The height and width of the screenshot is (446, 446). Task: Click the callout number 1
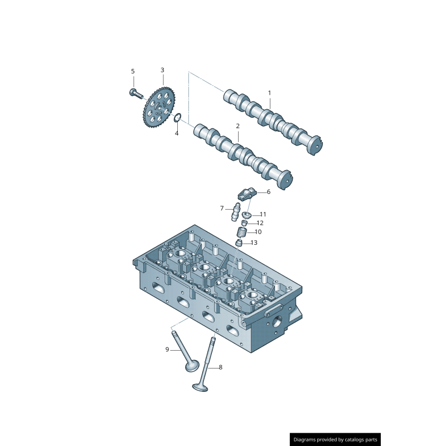click(269, 93)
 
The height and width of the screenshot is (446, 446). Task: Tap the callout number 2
click(237, 127)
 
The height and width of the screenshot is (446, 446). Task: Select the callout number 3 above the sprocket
click(162, 70)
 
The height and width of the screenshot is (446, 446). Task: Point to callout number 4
click(177, 133)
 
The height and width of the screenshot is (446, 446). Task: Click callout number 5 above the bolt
click(133, 71)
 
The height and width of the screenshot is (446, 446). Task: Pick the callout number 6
click(268, 192)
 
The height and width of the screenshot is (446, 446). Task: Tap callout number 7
click(221, 209)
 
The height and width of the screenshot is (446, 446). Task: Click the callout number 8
click(220, 367)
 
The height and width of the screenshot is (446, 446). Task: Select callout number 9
click(167, 350)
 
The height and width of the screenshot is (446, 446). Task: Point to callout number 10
click(258, 232)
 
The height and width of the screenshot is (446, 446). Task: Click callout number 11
click(263, 214)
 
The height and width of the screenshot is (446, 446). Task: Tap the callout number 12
click(260, 223)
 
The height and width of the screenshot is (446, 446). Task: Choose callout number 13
click(254, 243)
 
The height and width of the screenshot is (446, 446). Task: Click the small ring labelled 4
click(178, 118)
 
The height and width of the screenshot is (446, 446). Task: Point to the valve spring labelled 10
click(243, 232)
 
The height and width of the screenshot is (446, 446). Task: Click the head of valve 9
click(192, 366)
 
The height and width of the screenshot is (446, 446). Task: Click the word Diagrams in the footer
click(307, 440)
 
